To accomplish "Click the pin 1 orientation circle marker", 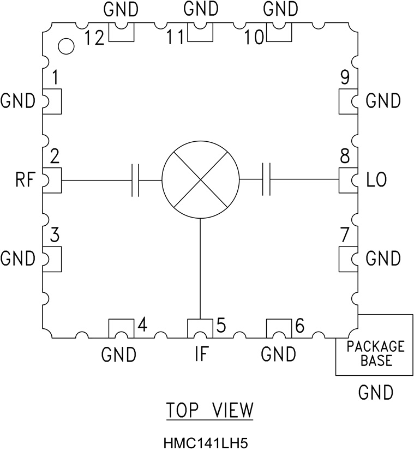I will click(x=66, y=47).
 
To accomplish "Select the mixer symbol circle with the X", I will click(x=201, y=180).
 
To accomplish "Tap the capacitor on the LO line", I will click(x=267, y=180).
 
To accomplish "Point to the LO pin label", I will click(x=377, y=180).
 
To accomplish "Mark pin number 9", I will click(x=344, y=78).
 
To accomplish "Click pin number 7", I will click(x=344, y=236).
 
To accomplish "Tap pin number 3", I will click(x=55, y=236).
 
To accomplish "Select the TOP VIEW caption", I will click(x=210, y=410).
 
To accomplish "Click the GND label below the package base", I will click(x=376, y=392).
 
